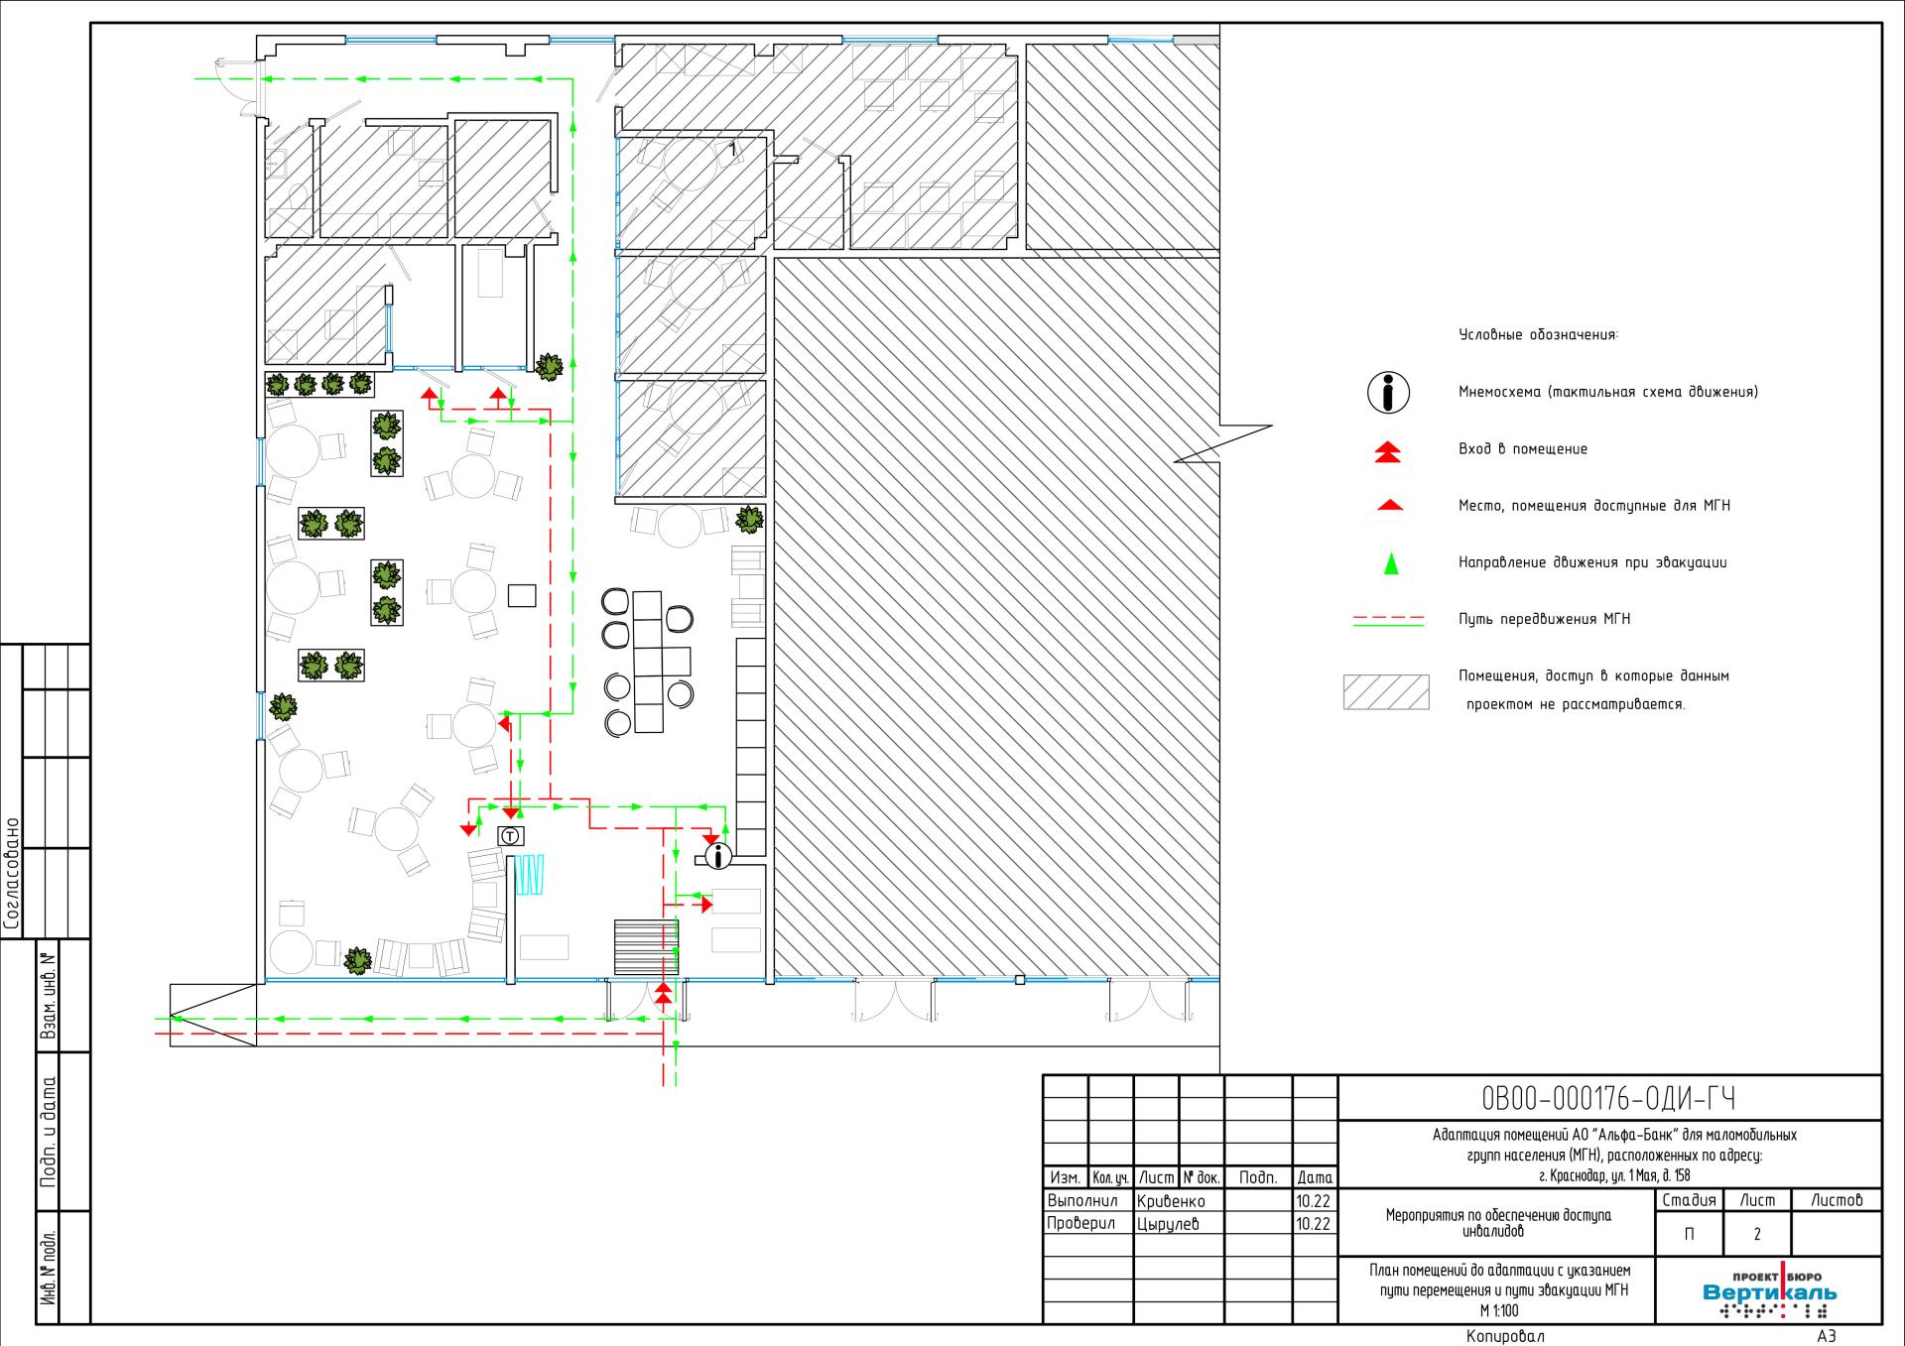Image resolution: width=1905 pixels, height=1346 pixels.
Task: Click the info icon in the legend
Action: pyautogui.click(x=1389, y=393)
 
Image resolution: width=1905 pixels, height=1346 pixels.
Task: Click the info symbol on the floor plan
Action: pyautogui.click(x=718, y=855)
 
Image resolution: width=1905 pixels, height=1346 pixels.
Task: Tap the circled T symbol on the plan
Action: pyautogui.click(x=510, y=836)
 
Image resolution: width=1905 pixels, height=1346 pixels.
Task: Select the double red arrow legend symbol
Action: pyautogui.click(x=1389, y=451)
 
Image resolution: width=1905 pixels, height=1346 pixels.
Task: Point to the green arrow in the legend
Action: pyautogui.click(x=1391, y=562)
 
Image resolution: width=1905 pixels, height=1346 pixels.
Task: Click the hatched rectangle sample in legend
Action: pyautogui.click(x=1386, y=691)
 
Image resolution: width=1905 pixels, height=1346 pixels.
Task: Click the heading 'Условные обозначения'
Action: pyautogui.click(x=1538, y=335)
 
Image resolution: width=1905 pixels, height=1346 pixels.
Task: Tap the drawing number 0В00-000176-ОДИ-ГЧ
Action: pyautogui.click(x=1608, y=1099)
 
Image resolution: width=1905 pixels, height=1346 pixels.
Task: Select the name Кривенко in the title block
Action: pyautogui.click(x=1171, y=1201)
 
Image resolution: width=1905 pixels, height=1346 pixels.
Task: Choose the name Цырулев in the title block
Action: pyautogui.click(x=1168, y=1224)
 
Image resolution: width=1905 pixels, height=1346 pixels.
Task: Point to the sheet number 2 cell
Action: pyautogui.click(x=1756, y=1235)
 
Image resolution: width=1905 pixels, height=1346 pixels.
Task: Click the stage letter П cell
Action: pyautogui.click(x=1689, y=1235)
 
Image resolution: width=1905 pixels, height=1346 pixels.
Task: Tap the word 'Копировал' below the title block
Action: pyautogui.click(x=1505, y=1335)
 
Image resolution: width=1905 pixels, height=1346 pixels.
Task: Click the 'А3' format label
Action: pyautogui.click(x=1826, y=1335)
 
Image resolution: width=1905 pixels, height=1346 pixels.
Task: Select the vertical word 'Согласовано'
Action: pyautogui.click(x=12, y=874)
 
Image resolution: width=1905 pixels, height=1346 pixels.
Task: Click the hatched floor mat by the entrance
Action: pyautogui.click(x=646, y=947)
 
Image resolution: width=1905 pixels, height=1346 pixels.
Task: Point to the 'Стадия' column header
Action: pyautogui.click(x=1689, y=1200)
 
